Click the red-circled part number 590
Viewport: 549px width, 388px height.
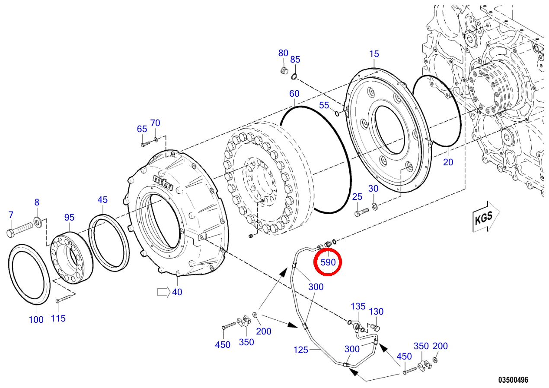(x=328, y=262)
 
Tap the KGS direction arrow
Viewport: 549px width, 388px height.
(x=485, y=217)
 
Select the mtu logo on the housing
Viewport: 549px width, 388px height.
(x=163, y=183)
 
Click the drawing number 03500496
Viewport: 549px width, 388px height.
(x=513, y=380)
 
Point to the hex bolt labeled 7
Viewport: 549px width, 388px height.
(x=19, y=230)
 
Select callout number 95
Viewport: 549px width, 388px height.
(x=69, y=217)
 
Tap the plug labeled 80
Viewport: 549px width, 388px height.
(x=284, y=70)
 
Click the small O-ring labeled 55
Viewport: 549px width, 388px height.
(x=337, y=114)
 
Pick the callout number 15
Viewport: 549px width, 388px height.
(x=374, y=54)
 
